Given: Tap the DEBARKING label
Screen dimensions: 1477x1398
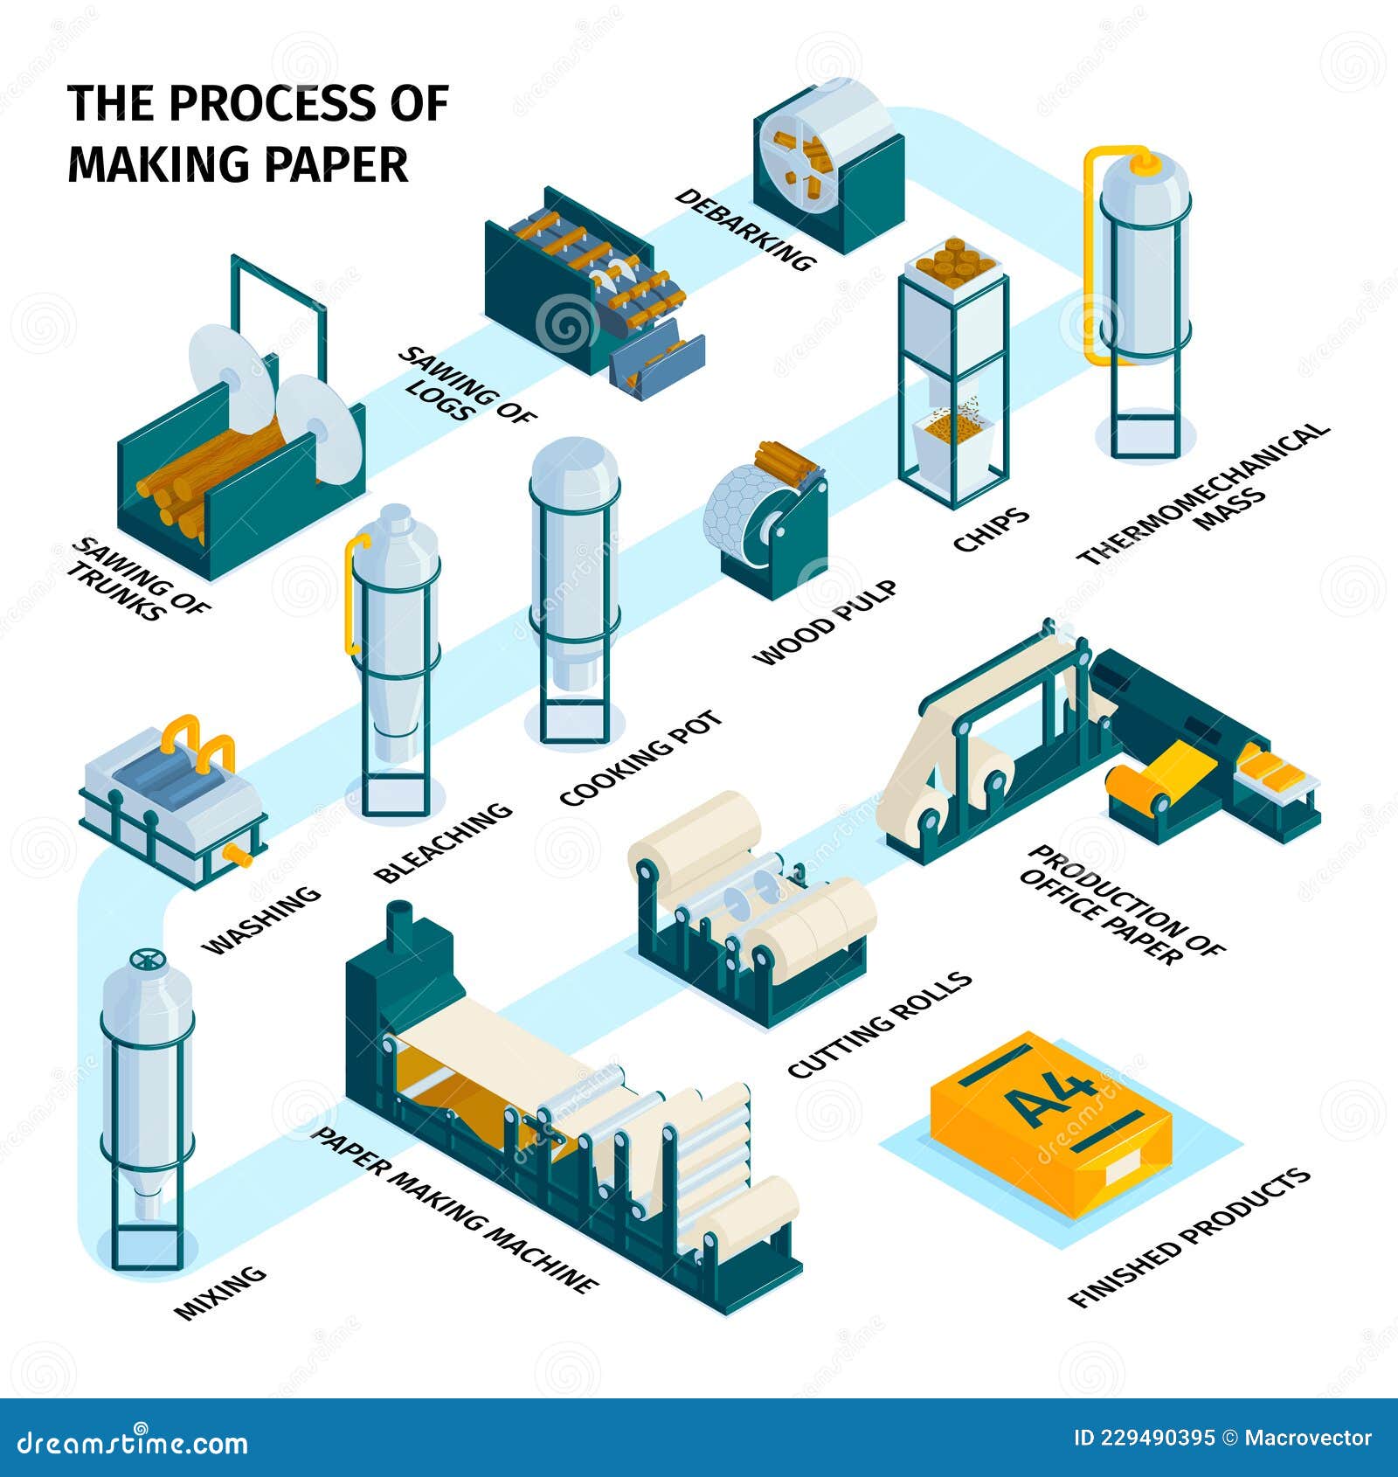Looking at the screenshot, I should [745, 230].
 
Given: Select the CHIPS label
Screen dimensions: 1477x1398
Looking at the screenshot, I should [991, 530].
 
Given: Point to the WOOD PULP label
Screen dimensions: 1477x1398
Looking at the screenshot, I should [826, 622].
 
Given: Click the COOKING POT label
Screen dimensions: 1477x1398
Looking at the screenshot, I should [641, 758].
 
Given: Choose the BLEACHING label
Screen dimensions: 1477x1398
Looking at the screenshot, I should [443, 842].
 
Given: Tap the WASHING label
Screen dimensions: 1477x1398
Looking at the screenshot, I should [261, 919].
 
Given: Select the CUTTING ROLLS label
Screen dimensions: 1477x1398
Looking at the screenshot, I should [880, 1023].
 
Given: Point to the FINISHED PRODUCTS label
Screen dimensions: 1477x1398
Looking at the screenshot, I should [1189, 1236].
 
